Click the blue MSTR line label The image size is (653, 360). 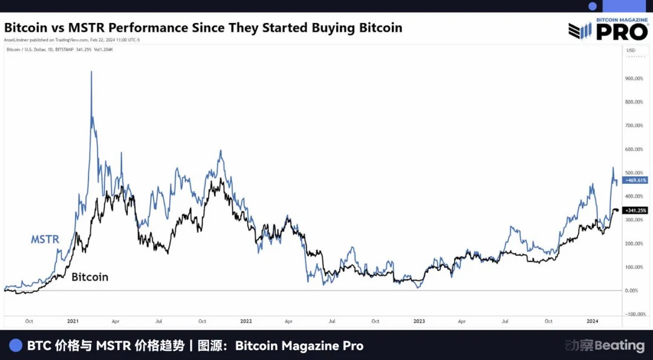click(45, 239)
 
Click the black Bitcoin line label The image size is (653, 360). click(89, 277)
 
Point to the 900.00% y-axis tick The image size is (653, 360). click(634, 78)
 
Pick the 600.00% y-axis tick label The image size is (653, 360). click(634, 149)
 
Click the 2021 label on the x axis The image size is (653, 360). click(73, 321)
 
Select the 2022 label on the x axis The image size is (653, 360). click(245, 321)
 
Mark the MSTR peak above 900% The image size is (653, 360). click(91, 72)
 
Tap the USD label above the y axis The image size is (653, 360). click(631, 50)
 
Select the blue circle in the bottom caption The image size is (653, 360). click(16, 345)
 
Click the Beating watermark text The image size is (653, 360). click(620, 345)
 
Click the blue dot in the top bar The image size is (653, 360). click(593, 6)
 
